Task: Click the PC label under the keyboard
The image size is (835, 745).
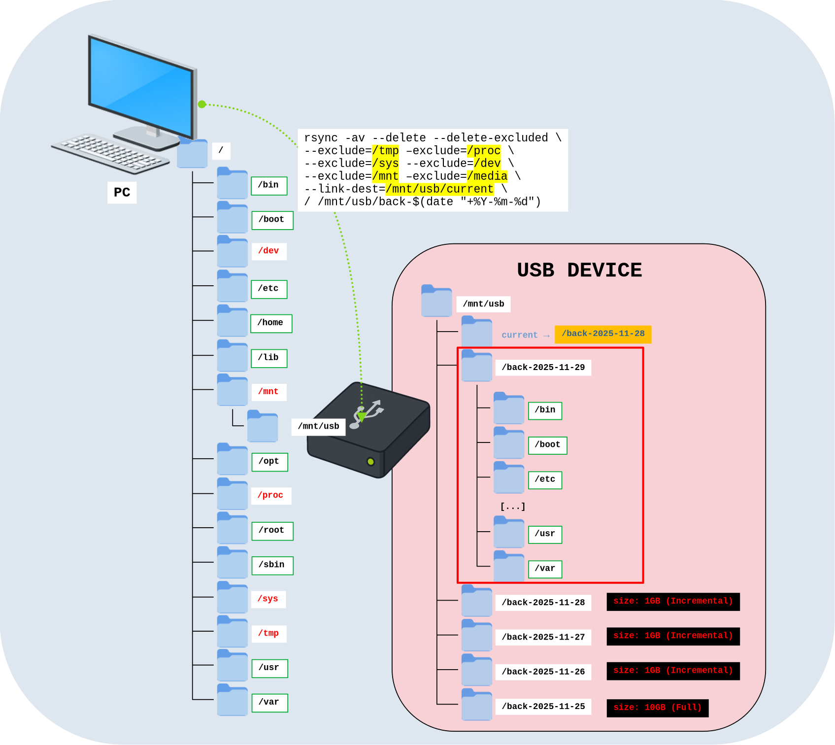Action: coord(122,192)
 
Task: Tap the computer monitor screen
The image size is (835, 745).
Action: coord(140,86)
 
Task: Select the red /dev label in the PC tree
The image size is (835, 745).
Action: coord(268,251)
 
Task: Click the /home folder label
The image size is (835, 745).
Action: coord(271,323)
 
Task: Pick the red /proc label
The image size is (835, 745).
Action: coord(270,495)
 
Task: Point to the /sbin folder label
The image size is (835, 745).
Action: coord(272,565)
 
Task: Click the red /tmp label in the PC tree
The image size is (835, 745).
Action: coord(268,633)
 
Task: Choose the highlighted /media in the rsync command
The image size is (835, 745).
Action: coord(487,176)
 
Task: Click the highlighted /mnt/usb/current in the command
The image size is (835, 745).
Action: coord(439,189)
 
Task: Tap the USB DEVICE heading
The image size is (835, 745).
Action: coord(579,270)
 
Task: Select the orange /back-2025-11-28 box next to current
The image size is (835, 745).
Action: coord(602,334)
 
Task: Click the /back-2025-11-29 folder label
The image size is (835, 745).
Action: coord(543,368)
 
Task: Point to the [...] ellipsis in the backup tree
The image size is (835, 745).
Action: coord(512,507)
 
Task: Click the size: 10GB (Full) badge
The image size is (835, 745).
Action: coord(657,708)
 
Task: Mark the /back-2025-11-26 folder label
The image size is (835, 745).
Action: coord(543,672)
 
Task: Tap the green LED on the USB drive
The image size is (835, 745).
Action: coord(370,462)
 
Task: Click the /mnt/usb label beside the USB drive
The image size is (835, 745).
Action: coord(318,426)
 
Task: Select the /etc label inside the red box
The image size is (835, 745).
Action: coord(545,479)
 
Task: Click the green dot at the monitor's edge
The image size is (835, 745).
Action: coord(202,104)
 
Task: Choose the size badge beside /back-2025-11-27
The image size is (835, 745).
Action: coord(673,636)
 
